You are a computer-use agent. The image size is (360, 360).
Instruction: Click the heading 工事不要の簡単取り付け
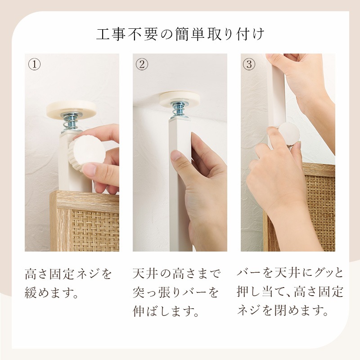(180, 35)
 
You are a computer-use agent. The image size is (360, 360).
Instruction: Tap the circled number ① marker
(35, 64)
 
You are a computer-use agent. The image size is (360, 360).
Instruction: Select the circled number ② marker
(142, 64)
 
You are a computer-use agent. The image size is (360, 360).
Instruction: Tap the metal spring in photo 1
(71, 121)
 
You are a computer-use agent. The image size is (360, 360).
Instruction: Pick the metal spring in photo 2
(179, 111)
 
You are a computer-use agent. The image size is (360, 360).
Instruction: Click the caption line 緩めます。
(52, 294)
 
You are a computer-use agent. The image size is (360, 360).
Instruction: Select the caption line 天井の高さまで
(176, 274)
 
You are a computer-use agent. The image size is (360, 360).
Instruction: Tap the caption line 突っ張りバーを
(176, 293)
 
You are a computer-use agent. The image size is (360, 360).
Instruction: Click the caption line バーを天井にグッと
(290, 274)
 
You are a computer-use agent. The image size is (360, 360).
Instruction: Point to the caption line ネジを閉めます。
(281, 310)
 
